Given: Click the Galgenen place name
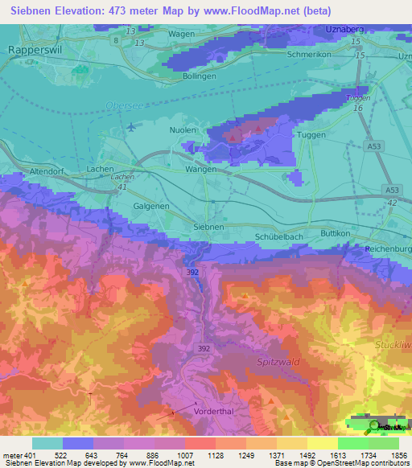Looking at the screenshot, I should click(151, 206).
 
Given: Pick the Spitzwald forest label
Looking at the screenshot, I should click(278, 362).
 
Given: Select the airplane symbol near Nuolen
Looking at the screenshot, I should click(131, 127).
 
